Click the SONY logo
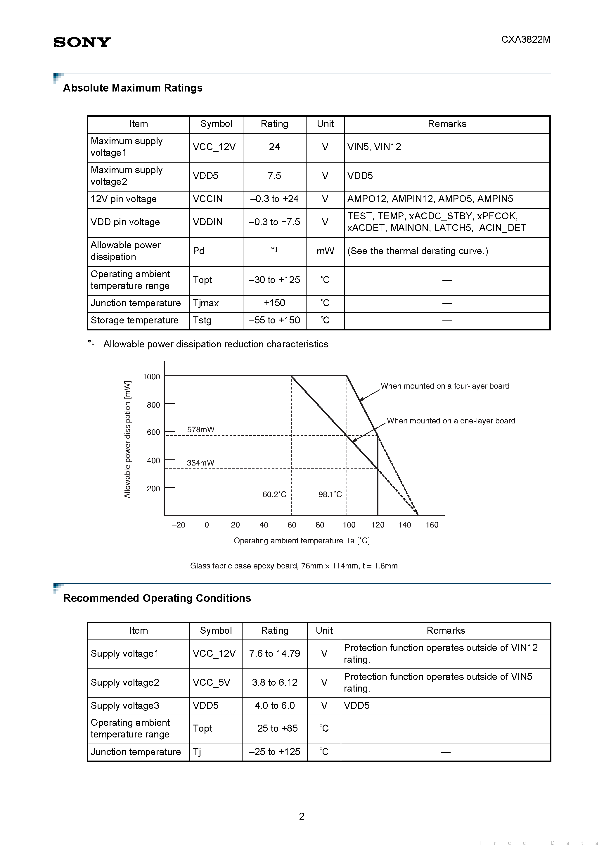pyautogui.click(x=82, y=42)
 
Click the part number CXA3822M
pyautogui.click(x=525, y=39)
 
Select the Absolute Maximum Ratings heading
pyautogui.click(x=132, y=88)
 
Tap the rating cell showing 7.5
pyautogui.click(x=274, y=176)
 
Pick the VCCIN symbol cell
pyautogui.click(x=208, y=199)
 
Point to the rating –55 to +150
pyautogui.click(x=274, y=320)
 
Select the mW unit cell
pyautogui.click(x=325, y=251)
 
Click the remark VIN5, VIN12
pyautogui.click(x=374, y=147)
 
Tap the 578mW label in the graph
pyautogui.click(x=200, y=429)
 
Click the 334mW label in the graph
pyautogui.click(x=200, y=463)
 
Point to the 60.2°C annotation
pyautogui.click(x=274, y=494)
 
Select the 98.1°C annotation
pyautogui.click(x=330, y=494)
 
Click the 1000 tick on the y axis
pyautogui.click(x=151, y=377)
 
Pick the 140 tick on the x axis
pyautogui.click(x=404, y=525)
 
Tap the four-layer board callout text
pyautogui.click(x=445, y=386)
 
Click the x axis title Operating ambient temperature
pyautogui.click(x=302, y=541)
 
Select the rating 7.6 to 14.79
pyautogui.click(x=274, y=654)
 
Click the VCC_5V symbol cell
pyautogui.click(x=211, y=682)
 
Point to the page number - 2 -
pyautogui.click(x=302, y=816)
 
